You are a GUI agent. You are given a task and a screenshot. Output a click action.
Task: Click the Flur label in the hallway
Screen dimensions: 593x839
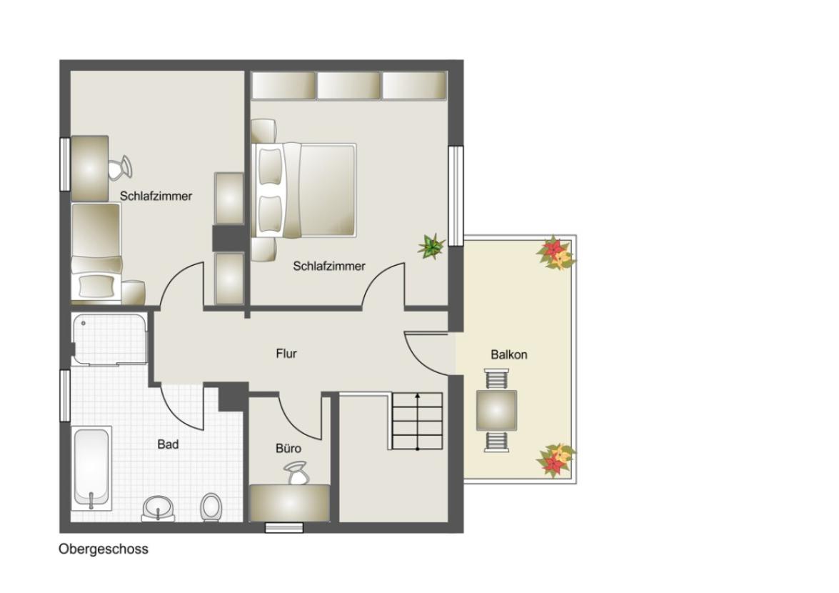286,353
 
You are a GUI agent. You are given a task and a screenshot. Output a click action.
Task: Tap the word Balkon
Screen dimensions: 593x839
508,354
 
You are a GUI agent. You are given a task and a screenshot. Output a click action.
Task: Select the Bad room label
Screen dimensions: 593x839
168,444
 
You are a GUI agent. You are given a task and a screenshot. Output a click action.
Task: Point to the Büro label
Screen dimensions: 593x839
288,449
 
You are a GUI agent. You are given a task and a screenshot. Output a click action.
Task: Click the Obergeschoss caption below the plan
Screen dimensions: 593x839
104,549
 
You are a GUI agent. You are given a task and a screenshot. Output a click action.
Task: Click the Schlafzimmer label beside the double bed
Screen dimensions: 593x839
329,266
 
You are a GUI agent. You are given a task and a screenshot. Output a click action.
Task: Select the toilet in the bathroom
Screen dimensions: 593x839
211,507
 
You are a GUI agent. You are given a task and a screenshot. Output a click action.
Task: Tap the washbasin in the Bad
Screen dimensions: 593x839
158,509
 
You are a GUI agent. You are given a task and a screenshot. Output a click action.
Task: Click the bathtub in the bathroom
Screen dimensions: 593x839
92,467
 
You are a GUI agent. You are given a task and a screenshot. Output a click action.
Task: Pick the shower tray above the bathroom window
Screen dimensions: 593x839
110,339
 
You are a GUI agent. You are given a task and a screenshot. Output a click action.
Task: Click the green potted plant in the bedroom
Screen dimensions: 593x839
431,246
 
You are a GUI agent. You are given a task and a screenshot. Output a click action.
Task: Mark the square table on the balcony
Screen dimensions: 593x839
496,410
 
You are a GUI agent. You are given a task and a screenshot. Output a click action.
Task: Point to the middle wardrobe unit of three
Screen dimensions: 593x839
348,86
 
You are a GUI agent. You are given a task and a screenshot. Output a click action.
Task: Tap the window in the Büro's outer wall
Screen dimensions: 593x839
284,528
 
